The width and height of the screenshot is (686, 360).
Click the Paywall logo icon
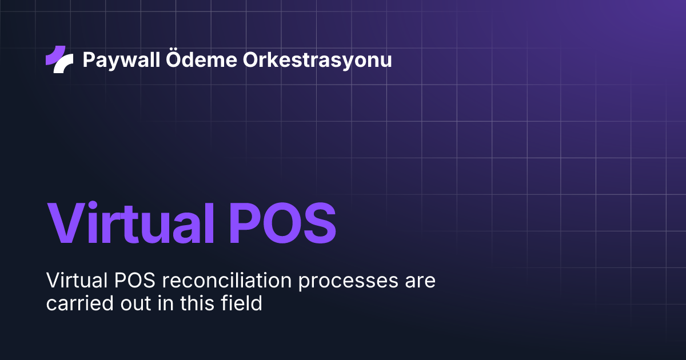click(59, 59)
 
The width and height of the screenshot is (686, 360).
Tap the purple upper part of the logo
click(55, 54)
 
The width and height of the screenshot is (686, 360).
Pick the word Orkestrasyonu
click(318, 59)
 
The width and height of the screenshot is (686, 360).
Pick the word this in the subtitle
click(196, 303)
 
